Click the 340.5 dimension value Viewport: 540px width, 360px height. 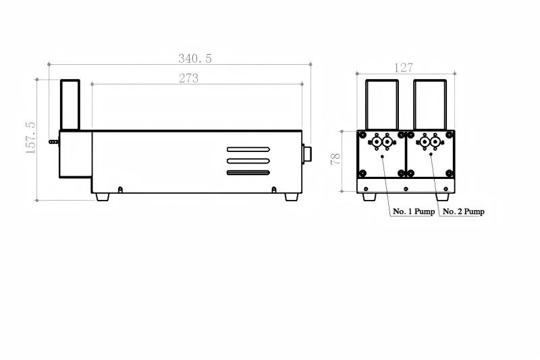[195, 59]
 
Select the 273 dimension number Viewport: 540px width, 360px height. [189, 78]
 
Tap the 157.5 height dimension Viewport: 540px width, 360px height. [30, 138]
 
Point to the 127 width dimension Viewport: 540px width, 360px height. [403, 68]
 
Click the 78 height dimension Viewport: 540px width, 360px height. [335, 159]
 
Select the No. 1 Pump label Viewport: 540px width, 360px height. [414, 211]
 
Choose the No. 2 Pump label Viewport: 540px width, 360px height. [463, 211]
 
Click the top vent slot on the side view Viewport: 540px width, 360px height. [248, 149]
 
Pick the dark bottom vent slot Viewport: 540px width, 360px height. [248, 173]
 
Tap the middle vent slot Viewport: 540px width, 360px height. [248, 161]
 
